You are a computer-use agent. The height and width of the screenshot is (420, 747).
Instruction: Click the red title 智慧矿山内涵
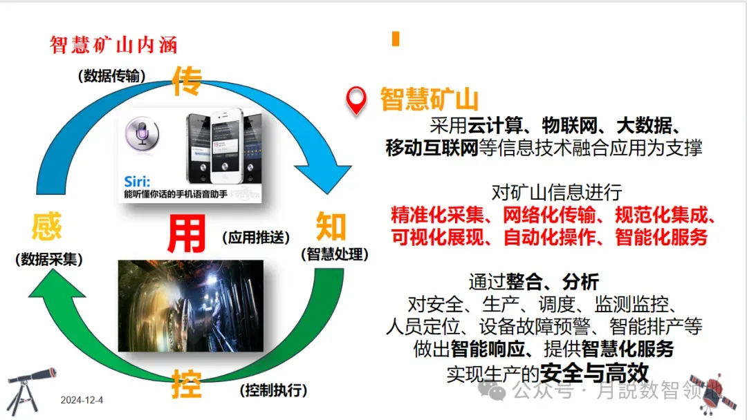coord(113,45)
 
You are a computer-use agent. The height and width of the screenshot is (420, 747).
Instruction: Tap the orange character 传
coord(187,82)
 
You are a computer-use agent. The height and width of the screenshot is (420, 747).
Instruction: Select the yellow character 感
coord(46,227)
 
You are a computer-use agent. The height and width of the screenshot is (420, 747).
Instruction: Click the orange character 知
coord(331,227)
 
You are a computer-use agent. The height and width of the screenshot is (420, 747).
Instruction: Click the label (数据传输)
coord(112,76)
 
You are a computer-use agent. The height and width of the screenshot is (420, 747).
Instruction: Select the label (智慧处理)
coord(334,254)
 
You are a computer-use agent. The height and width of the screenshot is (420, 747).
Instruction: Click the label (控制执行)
coord(273,390)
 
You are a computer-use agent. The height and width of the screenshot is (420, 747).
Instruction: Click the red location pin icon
coord(356,101)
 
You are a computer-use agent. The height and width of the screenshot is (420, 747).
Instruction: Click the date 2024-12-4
coord(82,400)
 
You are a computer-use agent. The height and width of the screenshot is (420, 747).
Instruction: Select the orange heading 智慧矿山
coord(430,99)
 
